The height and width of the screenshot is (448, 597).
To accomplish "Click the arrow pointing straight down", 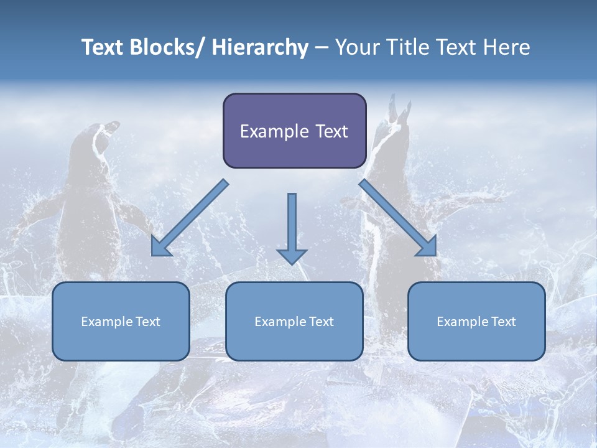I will tap(292, 227).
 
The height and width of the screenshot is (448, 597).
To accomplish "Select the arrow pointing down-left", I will tap(190, 218).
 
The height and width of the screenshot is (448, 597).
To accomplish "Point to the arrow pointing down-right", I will tap(398, 218).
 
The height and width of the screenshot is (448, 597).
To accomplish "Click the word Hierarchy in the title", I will tap(260, 47).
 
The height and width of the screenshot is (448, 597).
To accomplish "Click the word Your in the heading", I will tap(356, 47).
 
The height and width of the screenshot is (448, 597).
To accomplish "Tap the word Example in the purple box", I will tap(274, 132).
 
